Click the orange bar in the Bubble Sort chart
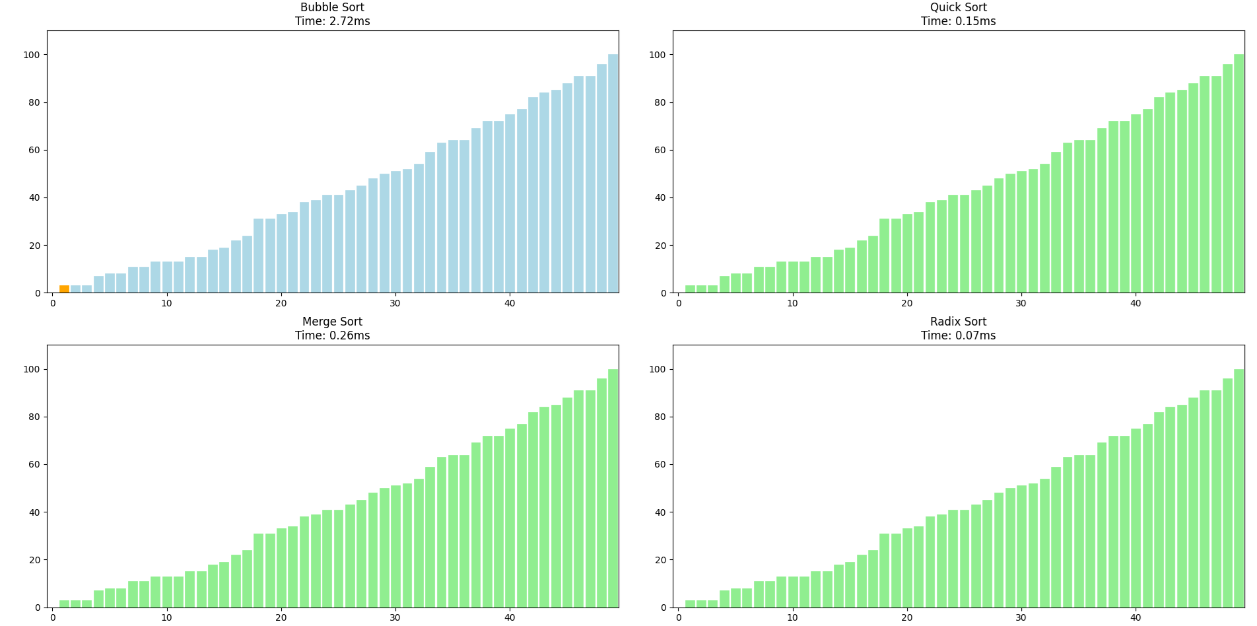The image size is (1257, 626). coord(64,289)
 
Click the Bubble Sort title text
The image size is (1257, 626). coord(332,7)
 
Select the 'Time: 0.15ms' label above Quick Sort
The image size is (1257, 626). coord(958,21)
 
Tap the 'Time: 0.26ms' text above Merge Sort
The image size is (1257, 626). coord(332,335)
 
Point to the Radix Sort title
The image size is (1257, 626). coord(958,322)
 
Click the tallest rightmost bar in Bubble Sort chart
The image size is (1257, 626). coord(613,174)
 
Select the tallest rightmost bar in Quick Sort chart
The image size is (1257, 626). coord(1239,174)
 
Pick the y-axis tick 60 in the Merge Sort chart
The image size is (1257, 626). coord(32,464)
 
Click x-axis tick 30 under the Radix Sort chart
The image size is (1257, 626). coord(1021,617)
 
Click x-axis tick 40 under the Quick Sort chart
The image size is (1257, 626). coord(1135,303)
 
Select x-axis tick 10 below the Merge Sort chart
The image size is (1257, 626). coord(166,617)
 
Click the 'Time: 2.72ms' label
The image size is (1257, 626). coord(332,21)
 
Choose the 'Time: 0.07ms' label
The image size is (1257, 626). coord(958,335)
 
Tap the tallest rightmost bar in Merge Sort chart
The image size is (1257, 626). coord(613,489)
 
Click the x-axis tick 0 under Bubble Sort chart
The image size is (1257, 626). coord(53,303)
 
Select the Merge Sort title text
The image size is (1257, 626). coord(332,322)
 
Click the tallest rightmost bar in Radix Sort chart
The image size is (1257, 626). coord(1239,489)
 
